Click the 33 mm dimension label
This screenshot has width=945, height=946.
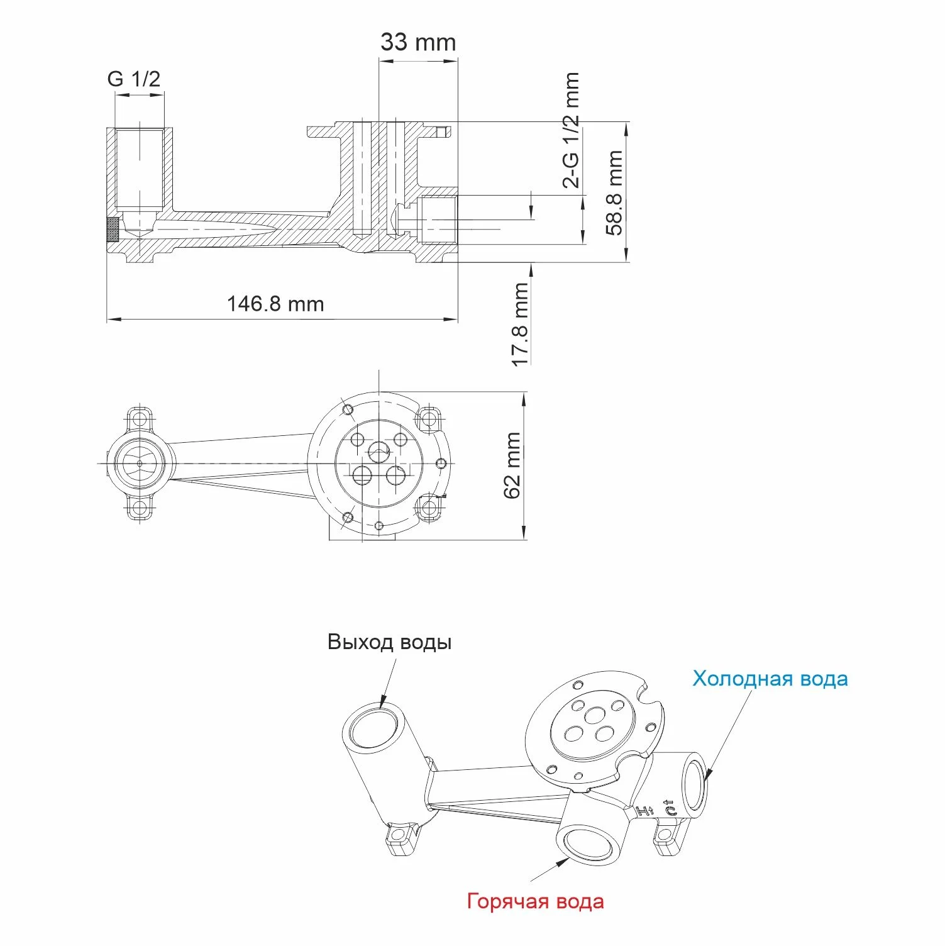point(418,42)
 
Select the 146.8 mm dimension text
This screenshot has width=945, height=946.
point(275,304)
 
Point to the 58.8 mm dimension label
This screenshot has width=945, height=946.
point(614,192)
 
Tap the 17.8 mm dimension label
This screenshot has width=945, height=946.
point(520,325)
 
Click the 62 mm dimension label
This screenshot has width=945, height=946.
point(512,465)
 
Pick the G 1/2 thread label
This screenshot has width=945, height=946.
point(134,79)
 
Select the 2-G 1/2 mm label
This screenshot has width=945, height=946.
point(571,130)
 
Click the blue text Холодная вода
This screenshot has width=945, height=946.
point(770,679)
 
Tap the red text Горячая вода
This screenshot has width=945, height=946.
point(536,901)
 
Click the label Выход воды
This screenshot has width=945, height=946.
point(390,642)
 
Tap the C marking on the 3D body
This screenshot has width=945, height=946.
point(670,808)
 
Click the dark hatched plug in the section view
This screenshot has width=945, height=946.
point(113,230)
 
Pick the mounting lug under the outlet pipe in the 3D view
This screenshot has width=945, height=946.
point(401,837)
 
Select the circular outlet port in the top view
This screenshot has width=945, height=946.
point(140,464)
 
